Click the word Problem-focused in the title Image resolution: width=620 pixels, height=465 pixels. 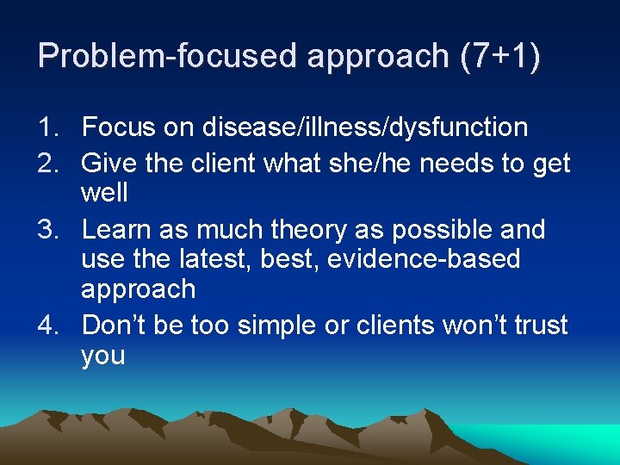[x=156, y=56]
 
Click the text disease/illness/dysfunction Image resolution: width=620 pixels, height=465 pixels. [x=365, y=128]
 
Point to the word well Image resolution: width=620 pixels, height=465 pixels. [x=104, y=193]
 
